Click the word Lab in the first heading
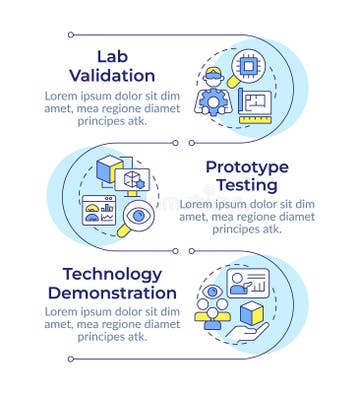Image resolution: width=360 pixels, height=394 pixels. click(x=112, y=55)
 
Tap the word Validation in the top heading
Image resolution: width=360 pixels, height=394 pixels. click(x=112, y=75)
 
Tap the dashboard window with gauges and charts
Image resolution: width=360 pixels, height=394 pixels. click(x=100, y=212)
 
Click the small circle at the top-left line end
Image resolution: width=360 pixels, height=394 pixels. click(x=70, y=35)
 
